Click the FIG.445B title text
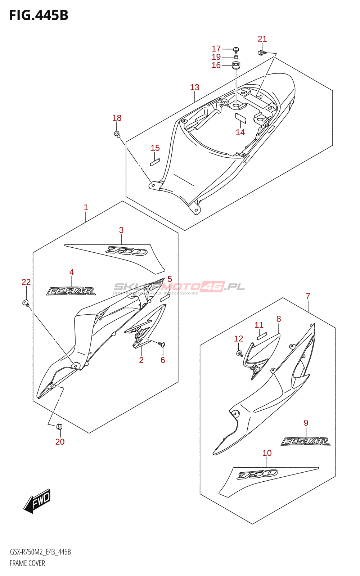tap(39, 15)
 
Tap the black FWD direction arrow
tap(37, 501)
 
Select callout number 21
tap(262, 39)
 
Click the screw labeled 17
tap(236, 50)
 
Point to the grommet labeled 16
tap(236, 66)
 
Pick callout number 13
tap(194, 87)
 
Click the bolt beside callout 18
tap(117, 134)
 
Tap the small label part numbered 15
tap(155, 162)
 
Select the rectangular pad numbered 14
tap(240, 117)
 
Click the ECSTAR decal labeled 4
tap(71, 291)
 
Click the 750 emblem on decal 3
tap(127, 251)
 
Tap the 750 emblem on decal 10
tap(257, 474)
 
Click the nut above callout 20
tap(60, 427)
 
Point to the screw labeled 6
tap(162, 345)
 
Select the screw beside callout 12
tap(239, 354)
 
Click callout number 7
tap(308, 296)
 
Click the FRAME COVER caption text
tap(27, 563)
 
